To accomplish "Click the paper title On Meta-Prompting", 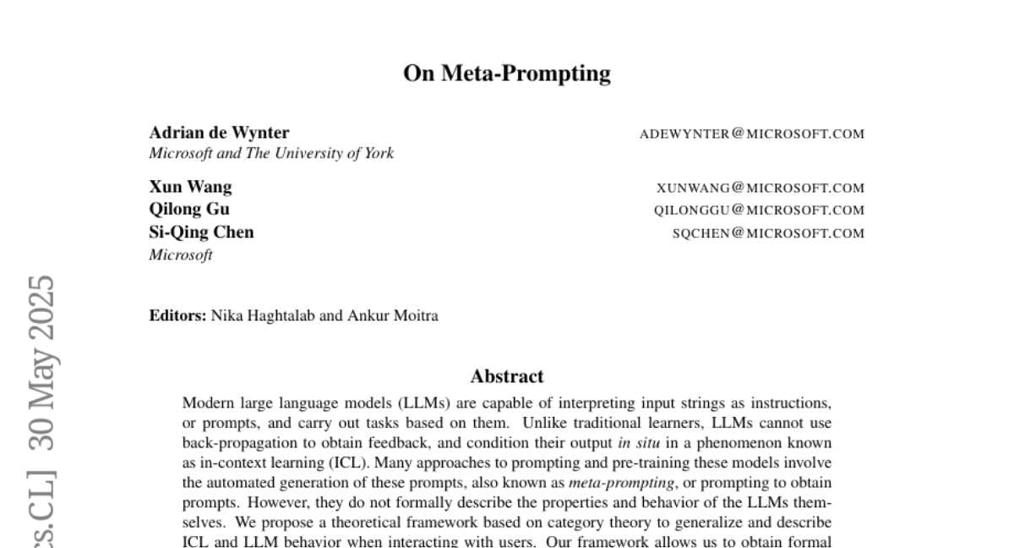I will (507, 74).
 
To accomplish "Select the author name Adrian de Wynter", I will (219, 133).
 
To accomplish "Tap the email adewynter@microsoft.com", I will (752, 134).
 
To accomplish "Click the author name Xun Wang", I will (190, 187).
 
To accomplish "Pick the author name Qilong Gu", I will (189, 209).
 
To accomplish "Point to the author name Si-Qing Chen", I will (201, 232).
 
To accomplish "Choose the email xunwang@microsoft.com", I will (760, 188).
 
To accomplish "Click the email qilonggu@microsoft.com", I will (759, 211).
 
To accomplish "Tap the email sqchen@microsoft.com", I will (768, 233).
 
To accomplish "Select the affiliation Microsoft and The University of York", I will (271, 153).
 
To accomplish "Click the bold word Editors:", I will (177, 316).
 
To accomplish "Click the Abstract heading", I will (507, 376).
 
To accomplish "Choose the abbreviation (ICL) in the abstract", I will (354, 463).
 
